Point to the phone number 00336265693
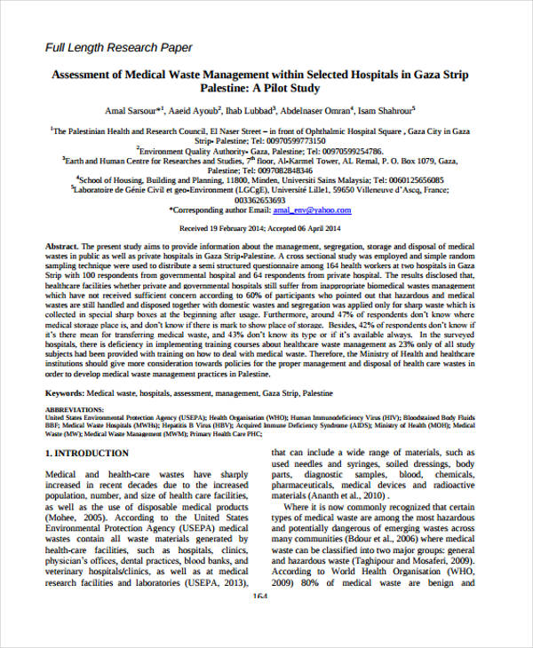click(x=266, y=200)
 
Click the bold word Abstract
click(x=62, y=245)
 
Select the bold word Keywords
click(x=66, y=391)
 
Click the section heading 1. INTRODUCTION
click(x=86, y=454)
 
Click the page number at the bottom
click(x=260, y=597)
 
